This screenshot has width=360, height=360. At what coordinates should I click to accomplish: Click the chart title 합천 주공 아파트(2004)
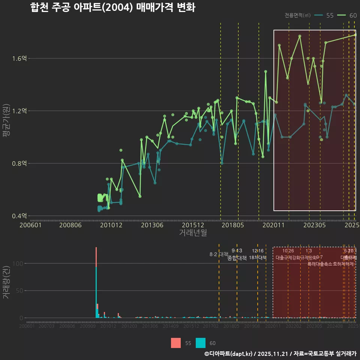click(112, 8)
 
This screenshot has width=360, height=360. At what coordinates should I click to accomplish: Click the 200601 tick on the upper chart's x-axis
click(30, 225)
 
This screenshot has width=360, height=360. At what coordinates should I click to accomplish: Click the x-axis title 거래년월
click(193, 233)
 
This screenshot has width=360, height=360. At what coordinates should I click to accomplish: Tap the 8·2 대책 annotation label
click(219, 254)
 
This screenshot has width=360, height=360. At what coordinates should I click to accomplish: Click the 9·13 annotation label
click(237, 250)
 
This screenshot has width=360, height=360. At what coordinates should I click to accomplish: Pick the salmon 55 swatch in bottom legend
click(175, 343)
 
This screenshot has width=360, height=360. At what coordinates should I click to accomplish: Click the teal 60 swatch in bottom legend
click(201, 343)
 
